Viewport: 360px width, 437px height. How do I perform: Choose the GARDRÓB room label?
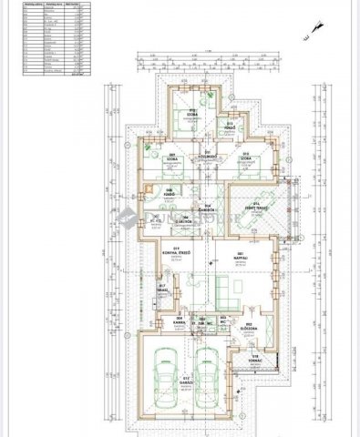point(209,207)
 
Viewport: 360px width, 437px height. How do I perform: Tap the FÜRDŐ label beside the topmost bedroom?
point(231,124)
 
